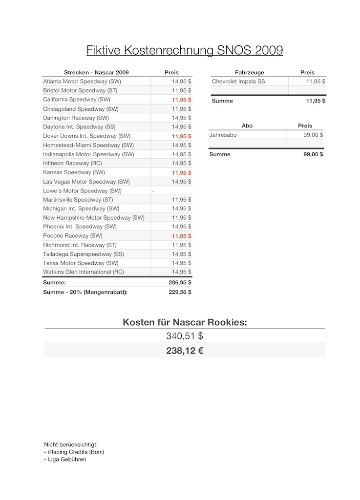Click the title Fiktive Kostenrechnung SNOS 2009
tap(185, 50)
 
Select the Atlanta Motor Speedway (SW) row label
tap(82, 82)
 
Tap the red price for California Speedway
tap(181, 100)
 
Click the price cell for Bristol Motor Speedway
tap(181, 90)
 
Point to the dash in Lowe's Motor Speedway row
tap(153, 191)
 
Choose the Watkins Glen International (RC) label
tap(83, 272)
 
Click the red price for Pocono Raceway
tap(181, 236)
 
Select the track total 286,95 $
tap(180, 282)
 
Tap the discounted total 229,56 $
tap(180, 292)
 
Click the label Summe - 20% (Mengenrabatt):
tap(85, 292)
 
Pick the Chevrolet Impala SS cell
tap(238, 82)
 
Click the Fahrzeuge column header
tap(249, 72)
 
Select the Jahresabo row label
tap(223, 135)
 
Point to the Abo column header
tap(247, 126)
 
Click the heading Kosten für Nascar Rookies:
tap(185, 322)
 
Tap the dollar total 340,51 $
tap(185, 336)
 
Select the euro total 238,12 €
tap(185, 350)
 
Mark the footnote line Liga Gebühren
tap(66, 459)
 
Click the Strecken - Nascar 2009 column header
tap(96, 72)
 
